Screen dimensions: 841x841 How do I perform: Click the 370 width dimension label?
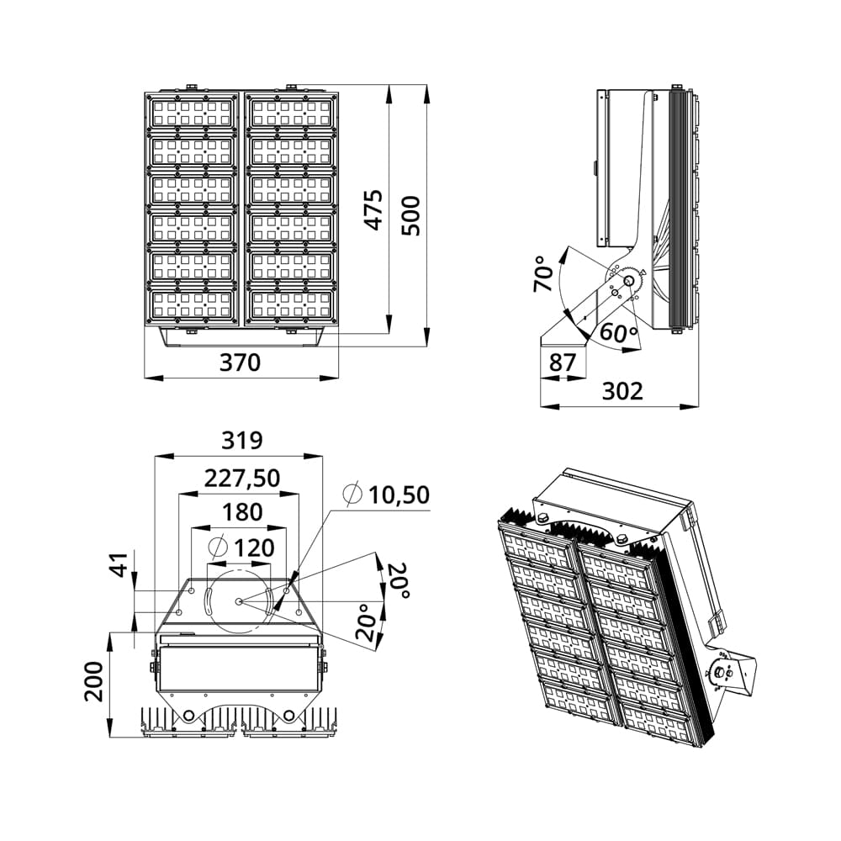tap(240, 362)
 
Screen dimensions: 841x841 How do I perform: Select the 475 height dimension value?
tap(374, 209)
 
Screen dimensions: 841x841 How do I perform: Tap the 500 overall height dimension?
tap(411, 215)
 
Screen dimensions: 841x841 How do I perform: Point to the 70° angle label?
tap(543, 273)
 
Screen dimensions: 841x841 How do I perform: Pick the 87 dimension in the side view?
tap(562, 362)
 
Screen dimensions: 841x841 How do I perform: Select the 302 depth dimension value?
tap(622, 391)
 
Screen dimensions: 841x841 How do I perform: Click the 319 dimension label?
tap(242, 441)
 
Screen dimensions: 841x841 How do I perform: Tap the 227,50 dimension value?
tap(242, 478)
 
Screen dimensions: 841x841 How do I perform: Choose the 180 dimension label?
tap(242, 512)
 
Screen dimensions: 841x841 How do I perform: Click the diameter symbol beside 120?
tap(219, 547)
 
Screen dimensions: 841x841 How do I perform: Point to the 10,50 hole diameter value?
tap(399, 495)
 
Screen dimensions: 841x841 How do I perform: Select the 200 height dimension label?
tap(94, 681)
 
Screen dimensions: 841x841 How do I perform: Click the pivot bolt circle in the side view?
tap(628, 281)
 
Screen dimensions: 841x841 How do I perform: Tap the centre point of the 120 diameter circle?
tap(239, 601)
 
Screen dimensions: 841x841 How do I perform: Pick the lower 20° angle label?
tap(365, 622)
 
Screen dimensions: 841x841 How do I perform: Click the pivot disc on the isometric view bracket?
tap(722, 672)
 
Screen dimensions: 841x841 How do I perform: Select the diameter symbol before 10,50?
tap(353, 495)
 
